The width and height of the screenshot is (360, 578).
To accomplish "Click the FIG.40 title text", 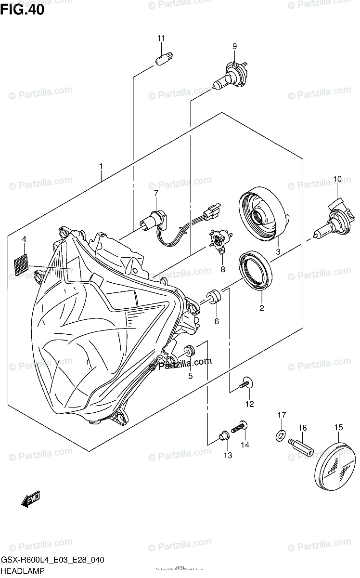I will (23, 9).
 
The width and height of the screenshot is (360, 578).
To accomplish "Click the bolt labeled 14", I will (240, 426).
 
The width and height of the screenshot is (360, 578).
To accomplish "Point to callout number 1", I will (101, 167).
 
